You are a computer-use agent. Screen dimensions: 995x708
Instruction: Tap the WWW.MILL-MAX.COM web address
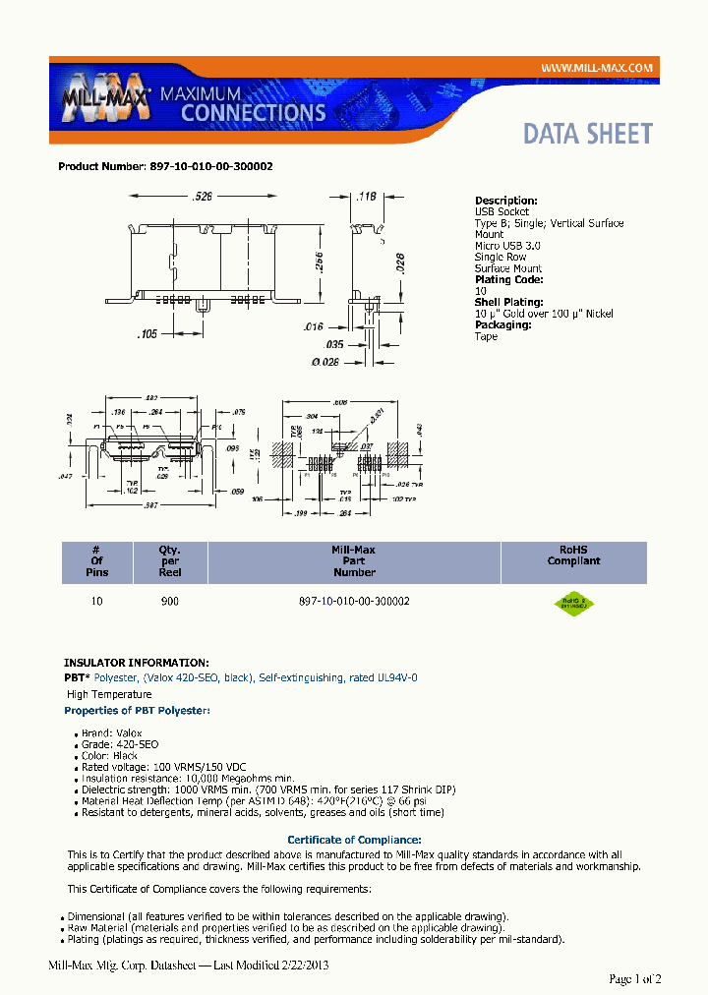pyautogui.click(x=598, y=67)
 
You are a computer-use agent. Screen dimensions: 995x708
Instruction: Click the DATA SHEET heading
pyautogui.click(x=587, y=134)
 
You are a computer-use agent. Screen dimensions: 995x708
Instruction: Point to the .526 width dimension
pyautogui.click(x=203, y=197)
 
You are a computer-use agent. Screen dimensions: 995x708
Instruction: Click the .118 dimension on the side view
pyautogui.click(x=366, y=197)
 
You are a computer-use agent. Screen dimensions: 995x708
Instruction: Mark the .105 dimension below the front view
pyautogui.click(x=147, y=334)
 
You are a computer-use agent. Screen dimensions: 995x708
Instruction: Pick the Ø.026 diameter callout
pyautogui.click(x=324, y=361)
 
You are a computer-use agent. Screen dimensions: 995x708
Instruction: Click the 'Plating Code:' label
pyautogui.click(x=507, y=280)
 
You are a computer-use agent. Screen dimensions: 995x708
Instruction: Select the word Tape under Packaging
pyautogui.click(x=486, y=336)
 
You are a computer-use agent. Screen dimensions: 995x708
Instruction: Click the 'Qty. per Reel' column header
pyautogui.click(x=170, y=561)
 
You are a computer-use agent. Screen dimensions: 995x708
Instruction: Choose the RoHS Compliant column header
pyautogui.click(x=573, y=556)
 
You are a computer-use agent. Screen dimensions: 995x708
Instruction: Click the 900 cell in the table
pyautogui.click(x=170, y=601)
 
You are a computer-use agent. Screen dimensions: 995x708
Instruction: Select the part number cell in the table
pyautogui.click(x=354, y=601)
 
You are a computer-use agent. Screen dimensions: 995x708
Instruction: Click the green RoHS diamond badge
pyautogui.click(x=574, y=604)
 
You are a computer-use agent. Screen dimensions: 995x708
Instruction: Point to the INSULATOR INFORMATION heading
pyautogui.click(x=136, y=663)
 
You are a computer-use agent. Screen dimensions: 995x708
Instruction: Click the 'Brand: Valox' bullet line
pyautogui.click(x=111, y=733)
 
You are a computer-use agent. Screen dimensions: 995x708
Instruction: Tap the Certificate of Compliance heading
pyautogui.click(x=354, y=840)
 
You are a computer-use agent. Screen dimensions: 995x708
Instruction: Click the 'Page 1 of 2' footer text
pyautogui.click(x=635, y=978)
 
